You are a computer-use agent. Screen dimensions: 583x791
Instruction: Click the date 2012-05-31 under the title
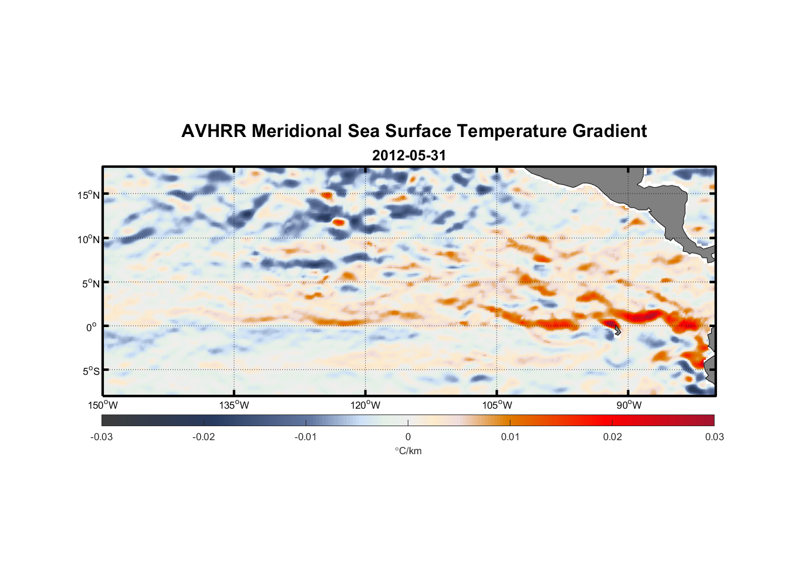point(409,156)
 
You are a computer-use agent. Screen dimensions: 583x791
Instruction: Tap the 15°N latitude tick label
point(89,195)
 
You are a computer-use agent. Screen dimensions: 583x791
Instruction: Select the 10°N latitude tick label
point(89,239)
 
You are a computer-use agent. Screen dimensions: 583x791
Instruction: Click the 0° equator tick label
point(92,328)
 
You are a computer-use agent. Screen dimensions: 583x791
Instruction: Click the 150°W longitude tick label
point(103,405)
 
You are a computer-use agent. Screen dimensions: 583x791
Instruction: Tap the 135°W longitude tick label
point(235,405)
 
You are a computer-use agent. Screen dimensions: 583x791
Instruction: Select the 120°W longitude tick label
point(366,405)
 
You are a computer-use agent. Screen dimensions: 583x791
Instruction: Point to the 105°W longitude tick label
point(497,405)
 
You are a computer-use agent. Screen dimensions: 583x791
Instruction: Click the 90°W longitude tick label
point(629,405)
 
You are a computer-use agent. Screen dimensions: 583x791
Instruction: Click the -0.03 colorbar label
point(101,437)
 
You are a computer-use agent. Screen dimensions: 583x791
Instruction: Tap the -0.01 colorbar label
point(306,437)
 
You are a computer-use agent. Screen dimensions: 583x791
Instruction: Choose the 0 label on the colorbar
point(408,437)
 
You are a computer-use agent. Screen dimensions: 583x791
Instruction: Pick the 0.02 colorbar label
point(612,437)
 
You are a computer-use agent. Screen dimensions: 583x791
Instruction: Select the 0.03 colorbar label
point(715,437)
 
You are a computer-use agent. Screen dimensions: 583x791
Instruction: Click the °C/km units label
point(408,451)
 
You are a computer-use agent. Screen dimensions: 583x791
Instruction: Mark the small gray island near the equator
point(617,331)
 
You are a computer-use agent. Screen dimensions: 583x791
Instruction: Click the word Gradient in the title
point(610,131)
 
